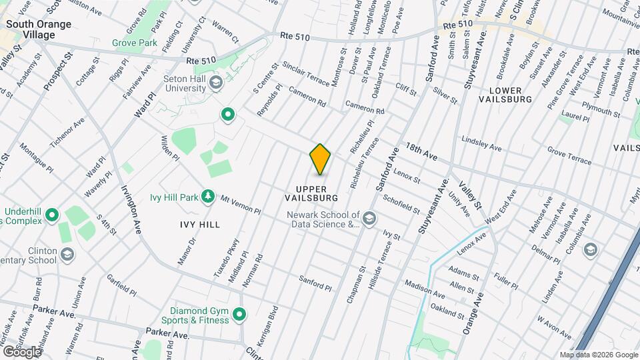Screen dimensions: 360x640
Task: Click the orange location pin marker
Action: coord(320,159)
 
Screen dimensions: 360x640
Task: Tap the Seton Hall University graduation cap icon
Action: coord(215,83)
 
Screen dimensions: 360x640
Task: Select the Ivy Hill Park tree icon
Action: coord(209,196)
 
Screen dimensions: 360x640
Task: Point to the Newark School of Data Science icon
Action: coord(369,217)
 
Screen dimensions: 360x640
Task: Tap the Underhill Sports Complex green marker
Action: coord(52,215)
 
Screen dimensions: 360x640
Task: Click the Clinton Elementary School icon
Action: coord(67,254)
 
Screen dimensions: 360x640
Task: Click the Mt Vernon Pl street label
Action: coord(240,205)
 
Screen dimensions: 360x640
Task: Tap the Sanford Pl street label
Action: coord(315,283)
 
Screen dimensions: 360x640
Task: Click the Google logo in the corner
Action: coord(21,351)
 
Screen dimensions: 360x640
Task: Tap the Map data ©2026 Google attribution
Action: coord(599,355)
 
